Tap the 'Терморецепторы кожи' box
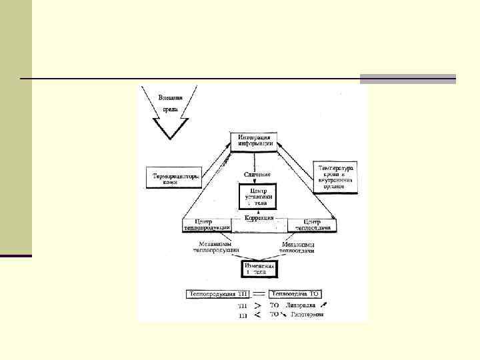(171, 177)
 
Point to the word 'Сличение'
(256, 174)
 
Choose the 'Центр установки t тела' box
(257, 197)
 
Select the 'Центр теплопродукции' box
(207, 225)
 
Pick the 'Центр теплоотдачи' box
(311, 225)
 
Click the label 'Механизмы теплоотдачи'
(298, 247)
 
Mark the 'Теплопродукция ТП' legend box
(215, 293)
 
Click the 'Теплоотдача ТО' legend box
(297, 293)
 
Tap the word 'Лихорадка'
(298, 305)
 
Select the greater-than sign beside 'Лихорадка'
(257, 305)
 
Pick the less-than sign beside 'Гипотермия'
(257, 315)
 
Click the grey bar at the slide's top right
(407, 79)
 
